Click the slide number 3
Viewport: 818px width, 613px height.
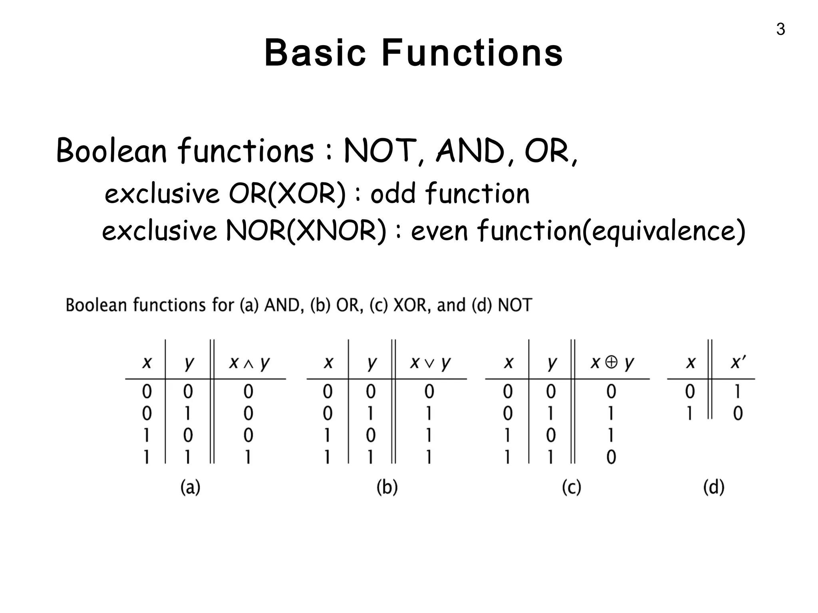click(x=780, y=30)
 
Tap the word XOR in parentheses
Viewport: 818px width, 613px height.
click(x=307, y=194)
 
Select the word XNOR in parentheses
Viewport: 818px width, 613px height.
click(x=336, y=231)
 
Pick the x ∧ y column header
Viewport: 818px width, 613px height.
click(x=249, y=363)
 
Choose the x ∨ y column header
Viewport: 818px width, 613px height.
click(x=430, y=363)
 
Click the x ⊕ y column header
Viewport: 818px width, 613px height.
click(x=612, y=363)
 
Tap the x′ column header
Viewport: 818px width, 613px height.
click(x=737, y=362)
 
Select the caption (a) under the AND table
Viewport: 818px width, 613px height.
click(x=190, y=487)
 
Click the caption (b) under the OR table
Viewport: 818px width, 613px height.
click(x=387, y=487)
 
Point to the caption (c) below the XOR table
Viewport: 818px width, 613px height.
click(x=571, y=487)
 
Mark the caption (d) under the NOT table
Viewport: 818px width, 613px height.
click(x=713, y=487)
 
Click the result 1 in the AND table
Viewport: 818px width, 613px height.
click(x=248, y=457)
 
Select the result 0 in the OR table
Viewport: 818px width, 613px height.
click(x=429, y=392)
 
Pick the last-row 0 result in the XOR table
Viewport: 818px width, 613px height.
click(x=611, y=457)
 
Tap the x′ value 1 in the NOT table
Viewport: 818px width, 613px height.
click(x=737, y=392)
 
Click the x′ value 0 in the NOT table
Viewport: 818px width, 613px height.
click(x=738, y=413)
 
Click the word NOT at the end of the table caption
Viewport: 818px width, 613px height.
click(x=515, y=305)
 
